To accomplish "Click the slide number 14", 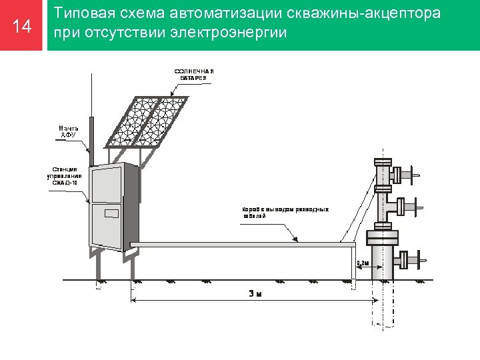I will (x=23, y=26).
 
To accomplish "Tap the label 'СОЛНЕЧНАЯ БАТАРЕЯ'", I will (x=194, y=74).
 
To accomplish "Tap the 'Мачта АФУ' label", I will (x=68, y=131).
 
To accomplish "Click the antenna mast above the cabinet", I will (x=93, y=137).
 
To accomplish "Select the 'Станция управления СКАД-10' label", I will (x=65, y=176).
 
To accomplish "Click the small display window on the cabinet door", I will (x=111, y=213).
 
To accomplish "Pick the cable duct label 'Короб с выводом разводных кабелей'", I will (x=285, y=213).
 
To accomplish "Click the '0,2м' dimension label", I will (x=363, y=263).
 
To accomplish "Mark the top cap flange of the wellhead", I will (x=383, y=161).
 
